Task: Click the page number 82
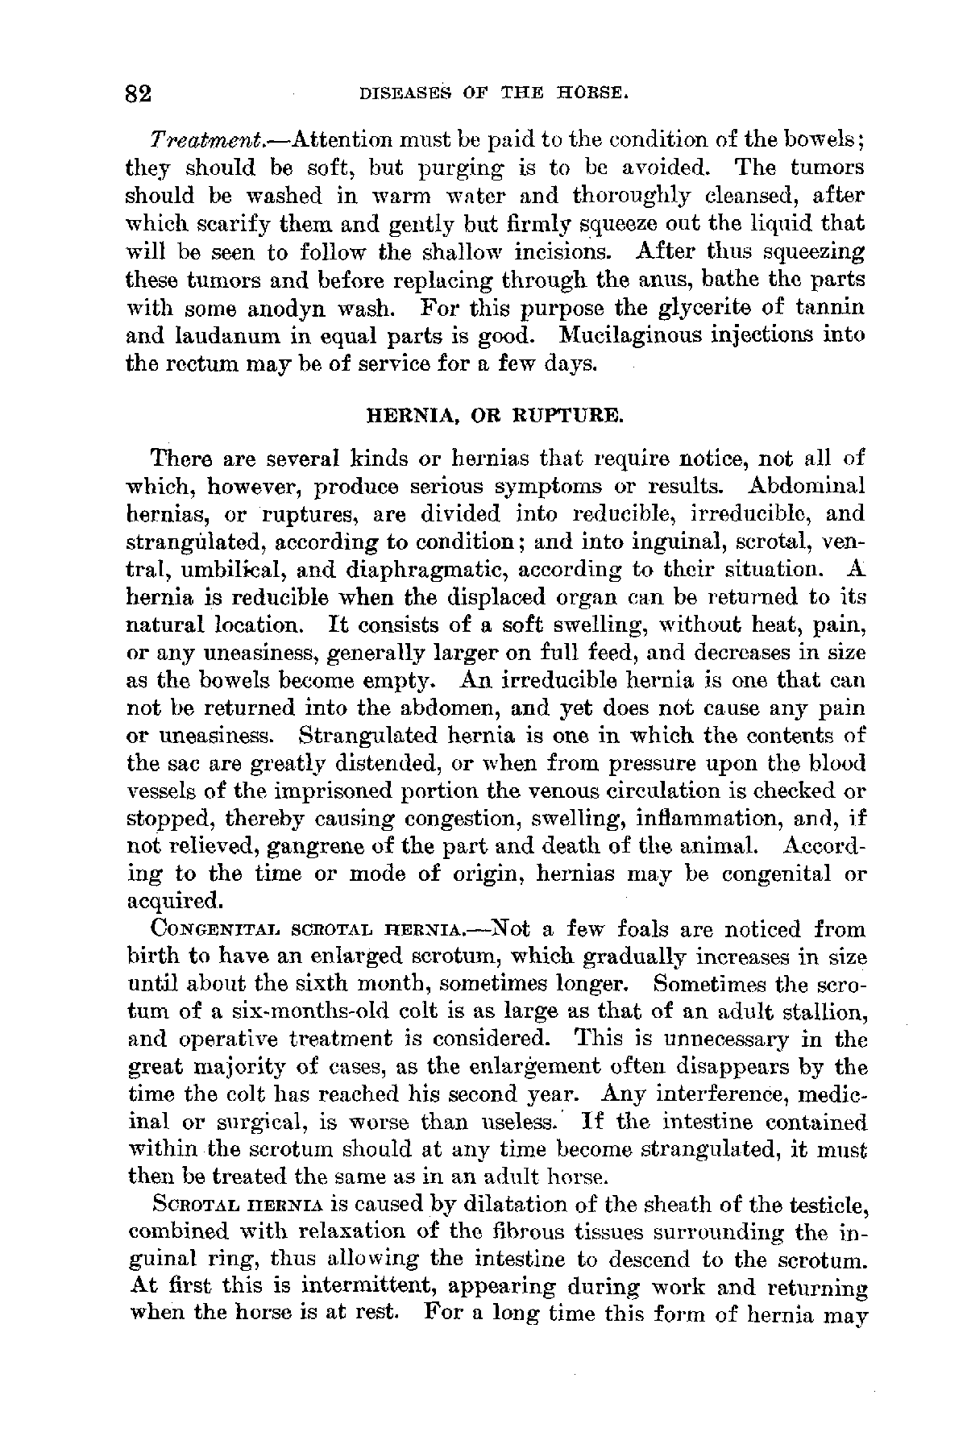tap(139, 93)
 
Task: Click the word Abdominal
tap(808, 487)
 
